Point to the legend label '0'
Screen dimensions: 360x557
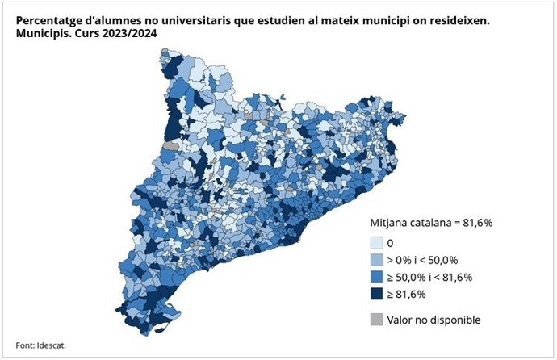[x=391, y=242]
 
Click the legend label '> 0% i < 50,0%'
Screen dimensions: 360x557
[x=423, y=260]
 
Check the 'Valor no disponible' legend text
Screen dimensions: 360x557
[x=434, y=320]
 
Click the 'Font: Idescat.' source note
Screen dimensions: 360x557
[x=40, y=345]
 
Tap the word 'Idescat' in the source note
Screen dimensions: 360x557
[x=50, y=345]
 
